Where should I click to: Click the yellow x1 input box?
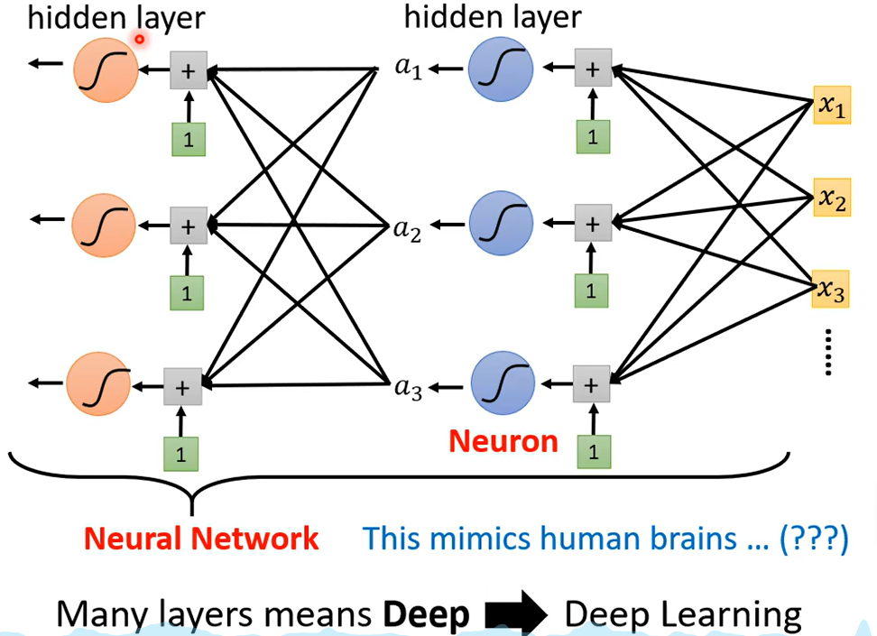tap(832, 105)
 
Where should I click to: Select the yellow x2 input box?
tap(832, 198)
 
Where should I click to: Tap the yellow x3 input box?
tap(831, 290)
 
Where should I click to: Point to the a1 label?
tap(409, 68)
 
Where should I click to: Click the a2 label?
tap(407, 230)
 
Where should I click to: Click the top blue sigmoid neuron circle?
tap(501, 69)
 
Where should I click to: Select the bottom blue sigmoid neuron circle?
tap(503, 383)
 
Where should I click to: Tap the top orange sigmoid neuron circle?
tap(106, 70)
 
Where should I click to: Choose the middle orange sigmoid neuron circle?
tap(104, 226)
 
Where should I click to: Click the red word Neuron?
tap(503, 441)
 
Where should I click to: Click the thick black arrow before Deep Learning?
tap(516, 613)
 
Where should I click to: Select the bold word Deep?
tap(426, 614)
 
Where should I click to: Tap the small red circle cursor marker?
tap(139, 39)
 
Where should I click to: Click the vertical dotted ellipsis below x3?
tap(828, 352)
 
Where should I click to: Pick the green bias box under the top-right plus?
tap(593, 137)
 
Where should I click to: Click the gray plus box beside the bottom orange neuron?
tap(182, 387)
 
